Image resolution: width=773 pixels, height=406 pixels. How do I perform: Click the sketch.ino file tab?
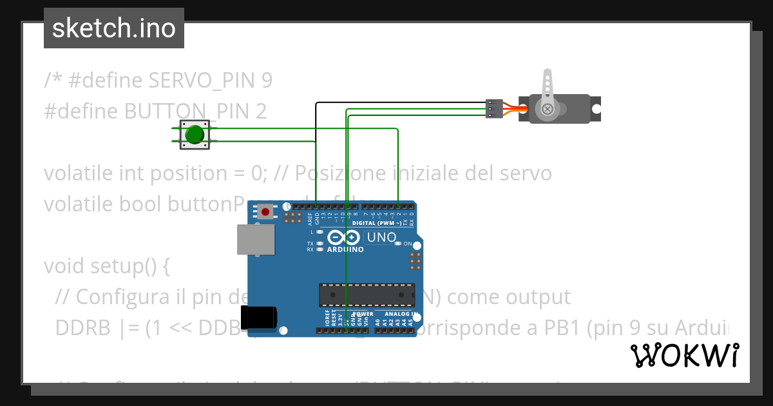113,28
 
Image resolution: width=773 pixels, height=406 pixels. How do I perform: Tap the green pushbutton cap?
195,135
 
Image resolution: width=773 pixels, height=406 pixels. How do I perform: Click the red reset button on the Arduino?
265,211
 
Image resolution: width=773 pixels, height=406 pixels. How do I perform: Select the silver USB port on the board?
254,240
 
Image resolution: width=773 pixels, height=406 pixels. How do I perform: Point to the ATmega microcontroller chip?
367,295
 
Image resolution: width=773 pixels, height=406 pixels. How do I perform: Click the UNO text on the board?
381,237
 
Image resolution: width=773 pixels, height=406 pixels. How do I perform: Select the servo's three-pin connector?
493,108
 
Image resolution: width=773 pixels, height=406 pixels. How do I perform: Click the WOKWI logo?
684,355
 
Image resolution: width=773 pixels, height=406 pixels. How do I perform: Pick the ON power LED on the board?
398,244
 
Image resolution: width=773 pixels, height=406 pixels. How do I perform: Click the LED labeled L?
320,231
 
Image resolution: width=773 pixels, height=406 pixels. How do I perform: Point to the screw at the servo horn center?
548,109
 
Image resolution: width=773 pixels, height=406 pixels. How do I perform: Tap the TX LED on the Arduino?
320,244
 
